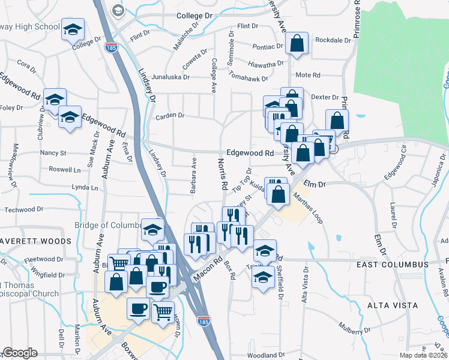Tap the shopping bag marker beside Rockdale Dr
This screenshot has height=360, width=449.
pyautogui.click(x=297, y=44)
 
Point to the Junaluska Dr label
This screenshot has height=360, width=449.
pyautogui.click(x=170, y=77)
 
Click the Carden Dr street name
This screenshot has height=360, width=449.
pyautogui.click(x=169, y=115)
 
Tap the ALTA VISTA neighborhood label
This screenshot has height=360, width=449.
pyautogui.click(x=393, y=305)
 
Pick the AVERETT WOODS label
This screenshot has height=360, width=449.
pyautogui.click(x=35, y=241)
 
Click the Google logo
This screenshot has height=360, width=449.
pyautogui.click(x=20, y=353)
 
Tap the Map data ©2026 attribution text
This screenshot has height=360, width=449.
pyautogui.click(x=424, y=355)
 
